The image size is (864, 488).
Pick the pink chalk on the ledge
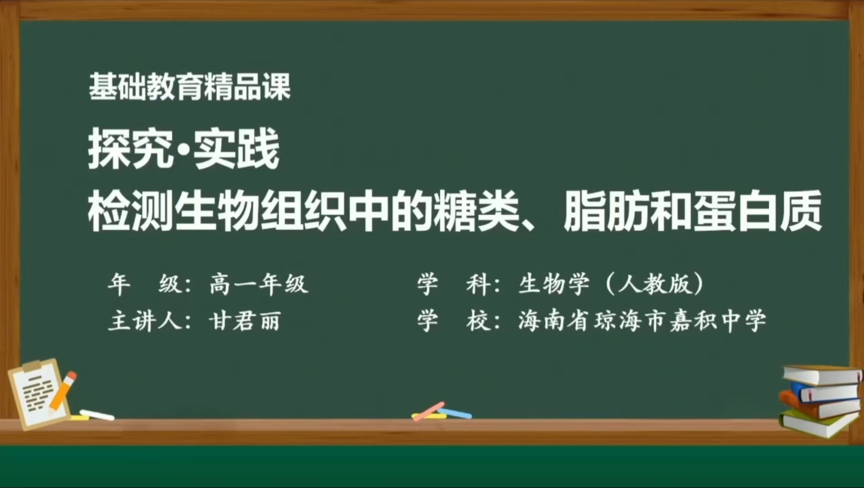(428, 411)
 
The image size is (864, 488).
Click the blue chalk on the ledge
(456, 413)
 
